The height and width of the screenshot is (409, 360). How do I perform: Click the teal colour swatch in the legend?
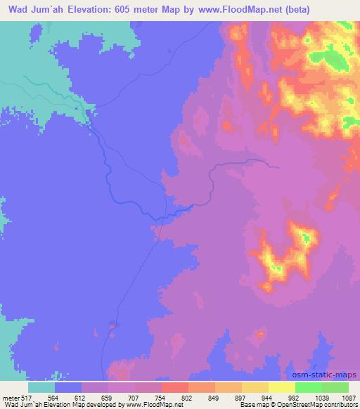[41, 387]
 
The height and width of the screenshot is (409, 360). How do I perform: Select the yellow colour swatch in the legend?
[281, 387]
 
